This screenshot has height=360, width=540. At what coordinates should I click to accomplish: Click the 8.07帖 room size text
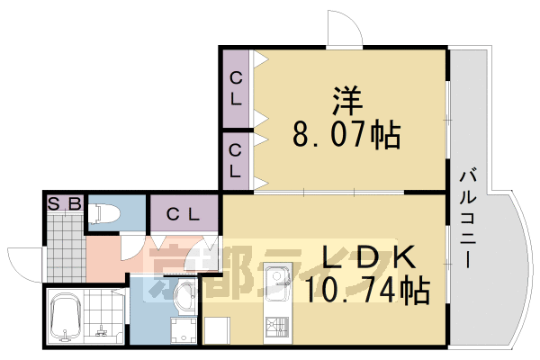pyautogui.click(x=346, y=135)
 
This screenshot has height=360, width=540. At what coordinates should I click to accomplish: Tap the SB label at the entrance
pyautogui.click(x=65, y=202)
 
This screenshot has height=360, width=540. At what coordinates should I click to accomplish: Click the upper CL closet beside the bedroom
pyautogui.click(x=236, y=88)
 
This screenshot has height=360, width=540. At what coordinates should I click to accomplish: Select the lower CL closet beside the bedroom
pyautogui.click(x=236, y=160)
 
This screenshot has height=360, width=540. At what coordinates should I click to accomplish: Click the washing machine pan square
pyautogui.click(x=184, y=328)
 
